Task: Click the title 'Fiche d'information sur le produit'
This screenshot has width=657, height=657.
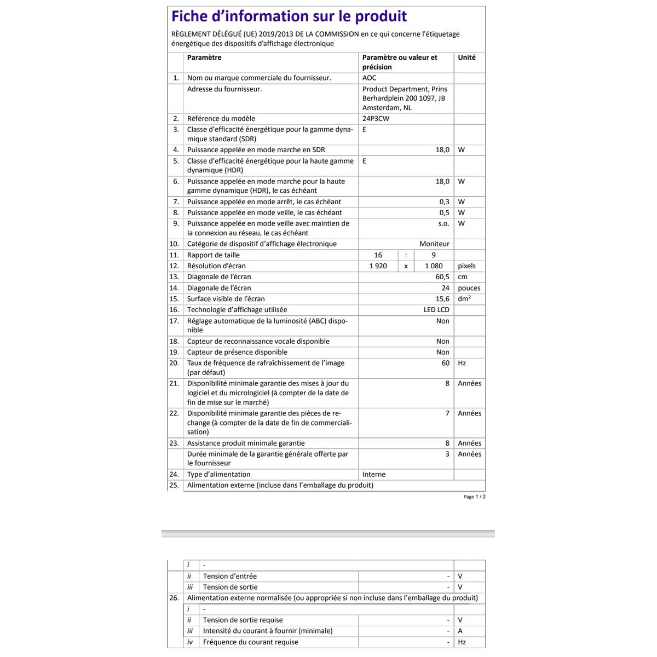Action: [x=289, y=16]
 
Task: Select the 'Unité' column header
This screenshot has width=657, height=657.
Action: [x=466, y=57]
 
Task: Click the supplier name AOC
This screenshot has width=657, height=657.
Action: [x=369, y=78]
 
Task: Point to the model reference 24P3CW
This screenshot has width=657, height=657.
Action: [x=376, y=118]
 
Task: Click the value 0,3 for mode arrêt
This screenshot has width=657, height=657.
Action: [x=444, y=201]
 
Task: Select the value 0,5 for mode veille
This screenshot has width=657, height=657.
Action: [x=444, y=212]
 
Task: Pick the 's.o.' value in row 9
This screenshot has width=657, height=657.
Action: [x=443, y=223]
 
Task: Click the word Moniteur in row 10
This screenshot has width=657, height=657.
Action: [x=434, y=244]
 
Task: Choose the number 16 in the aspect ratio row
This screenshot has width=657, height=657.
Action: [x=378, y=255]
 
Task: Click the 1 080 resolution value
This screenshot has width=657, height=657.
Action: [x=434, y=266]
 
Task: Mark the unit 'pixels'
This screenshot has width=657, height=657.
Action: [x=466, y=266]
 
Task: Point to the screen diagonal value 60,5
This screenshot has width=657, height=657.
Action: [x=442, y=277]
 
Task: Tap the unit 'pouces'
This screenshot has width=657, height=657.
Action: [x=469, y=288]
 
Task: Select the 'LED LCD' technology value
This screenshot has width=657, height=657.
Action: [x=436, y=310]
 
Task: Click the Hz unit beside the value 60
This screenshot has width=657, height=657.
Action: [x=462, y=363]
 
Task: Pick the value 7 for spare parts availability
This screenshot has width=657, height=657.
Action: [x=447, y=413]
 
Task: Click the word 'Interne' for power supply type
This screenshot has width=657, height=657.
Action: [x=374, y=474]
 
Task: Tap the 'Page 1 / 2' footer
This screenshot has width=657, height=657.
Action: [x=474, y=497]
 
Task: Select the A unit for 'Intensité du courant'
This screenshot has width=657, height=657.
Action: [x=460, y=631]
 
